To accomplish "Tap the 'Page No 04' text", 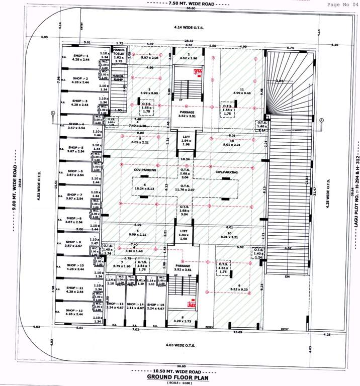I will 341,4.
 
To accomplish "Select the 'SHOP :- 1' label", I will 80,56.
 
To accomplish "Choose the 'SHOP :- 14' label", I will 135,305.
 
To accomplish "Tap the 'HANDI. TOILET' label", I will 119,53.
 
